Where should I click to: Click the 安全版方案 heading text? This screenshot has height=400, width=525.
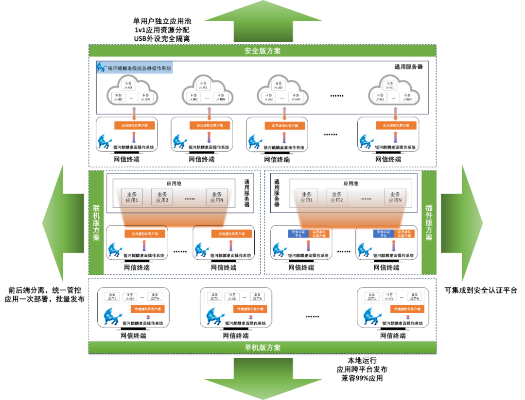[x=262, y=51]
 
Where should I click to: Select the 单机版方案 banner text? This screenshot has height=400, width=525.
[x=262, y=348]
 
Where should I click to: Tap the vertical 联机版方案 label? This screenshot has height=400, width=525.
[x=96, y=222]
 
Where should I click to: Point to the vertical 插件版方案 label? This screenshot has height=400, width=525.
[x=429, y=222]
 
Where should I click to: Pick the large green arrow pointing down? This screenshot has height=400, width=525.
[x=263, y=379]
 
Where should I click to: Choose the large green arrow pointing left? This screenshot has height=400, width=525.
[x=63, y=223]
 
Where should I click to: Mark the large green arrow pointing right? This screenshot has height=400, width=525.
[x=462, y=223]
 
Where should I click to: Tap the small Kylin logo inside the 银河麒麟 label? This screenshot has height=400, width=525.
[x=102, y=67]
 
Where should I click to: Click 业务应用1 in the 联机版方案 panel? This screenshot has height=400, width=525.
[x=132, y=197]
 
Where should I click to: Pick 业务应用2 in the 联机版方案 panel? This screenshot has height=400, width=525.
[x=162, y=197]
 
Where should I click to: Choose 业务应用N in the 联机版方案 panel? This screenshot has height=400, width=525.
[x=216, y=197]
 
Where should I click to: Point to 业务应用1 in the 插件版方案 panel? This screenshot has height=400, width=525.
[x=306, y=197]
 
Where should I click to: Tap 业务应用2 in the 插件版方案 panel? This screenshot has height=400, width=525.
[x=336, y=197]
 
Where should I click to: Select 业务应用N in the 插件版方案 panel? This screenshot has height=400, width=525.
[x=395, y=197]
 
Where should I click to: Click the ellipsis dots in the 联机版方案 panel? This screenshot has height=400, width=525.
[x=190, y=199]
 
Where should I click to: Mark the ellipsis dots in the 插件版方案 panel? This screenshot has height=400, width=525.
[x=366, y=199]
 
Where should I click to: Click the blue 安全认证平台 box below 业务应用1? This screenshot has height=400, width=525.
[x=298, y=233]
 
